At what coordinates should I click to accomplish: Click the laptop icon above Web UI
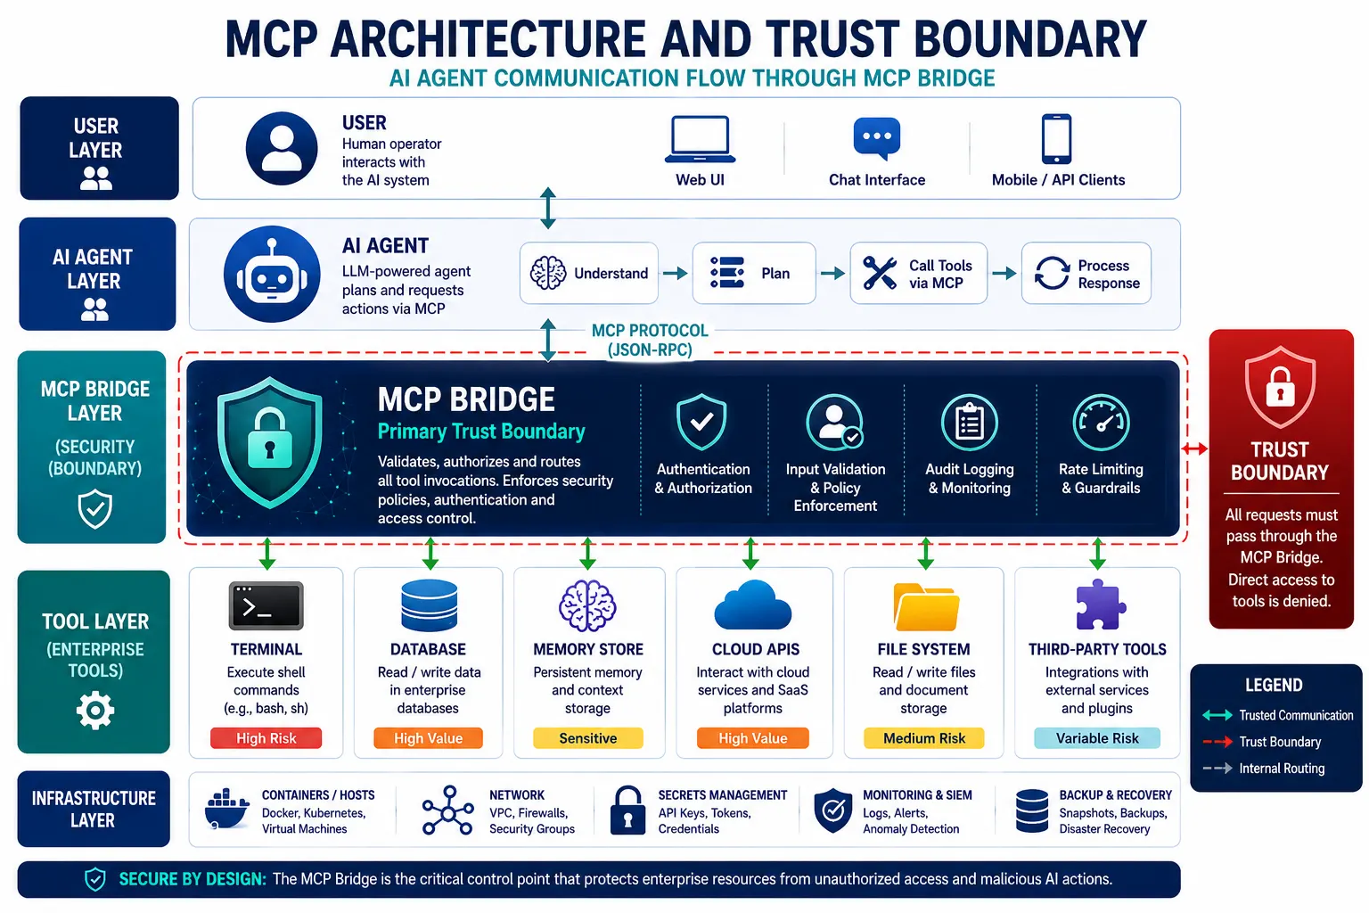point(700,139)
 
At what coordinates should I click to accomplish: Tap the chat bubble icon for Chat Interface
point(876,137)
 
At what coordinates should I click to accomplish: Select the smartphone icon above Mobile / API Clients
point(1057,139)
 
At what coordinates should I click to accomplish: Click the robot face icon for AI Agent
point(272,274)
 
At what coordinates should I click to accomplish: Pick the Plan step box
point(753,273)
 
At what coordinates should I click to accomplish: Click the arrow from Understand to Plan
point(676,273)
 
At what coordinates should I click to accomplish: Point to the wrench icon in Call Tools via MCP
point(880,273)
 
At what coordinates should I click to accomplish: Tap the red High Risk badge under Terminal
point(266,738)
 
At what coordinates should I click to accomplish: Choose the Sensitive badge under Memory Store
point(588,738)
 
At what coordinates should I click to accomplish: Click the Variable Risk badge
point(1097,738)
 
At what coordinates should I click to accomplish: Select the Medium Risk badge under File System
point(924,738)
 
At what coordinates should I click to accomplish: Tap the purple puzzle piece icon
point(1100,605)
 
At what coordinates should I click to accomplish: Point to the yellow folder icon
point(926,606)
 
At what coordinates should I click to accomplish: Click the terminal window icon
point(266,605)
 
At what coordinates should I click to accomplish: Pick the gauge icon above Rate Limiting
point(1102,424)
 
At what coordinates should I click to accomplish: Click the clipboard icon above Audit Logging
point(970,423)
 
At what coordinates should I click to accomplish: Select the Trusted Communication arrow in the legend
point(1217,715)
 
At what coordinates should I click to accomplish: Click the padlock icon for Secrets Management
point(627,810)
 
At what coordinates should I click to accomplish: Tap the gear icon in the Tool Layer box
point(94,711)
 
